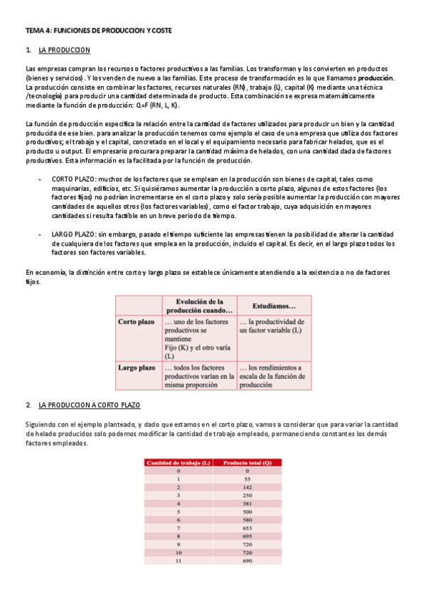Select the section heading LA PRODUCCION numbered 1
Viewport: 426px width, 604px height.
tap(63, 50)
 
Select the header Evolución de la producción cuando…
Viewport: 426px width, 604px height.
tap(200, 306)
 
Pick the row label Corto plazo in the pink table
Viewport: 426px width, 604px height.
tap(137, 322)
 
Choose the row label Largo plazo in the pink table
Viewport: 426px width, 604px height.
tap(137, 368)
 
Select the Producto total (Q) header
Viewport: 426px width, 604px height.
tap(247, 463)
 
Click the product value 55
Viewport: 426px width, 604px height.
tap(247, 480)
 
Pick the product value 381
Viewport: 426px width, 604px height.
tap(247, 503)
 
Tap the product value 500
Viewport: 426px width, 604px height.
tap(247, 511)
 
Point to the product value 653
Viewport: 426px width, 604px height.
tap(247, 528)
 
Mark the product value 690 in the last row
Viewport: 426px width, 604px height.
tap(247, 561)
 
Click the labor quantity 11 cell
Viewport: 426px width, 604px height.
tap(178, 561)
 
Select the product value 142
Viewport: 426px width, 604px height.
tap(247, 487)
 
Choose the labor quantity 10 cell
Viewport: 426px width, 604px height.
tap(178, 553)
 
